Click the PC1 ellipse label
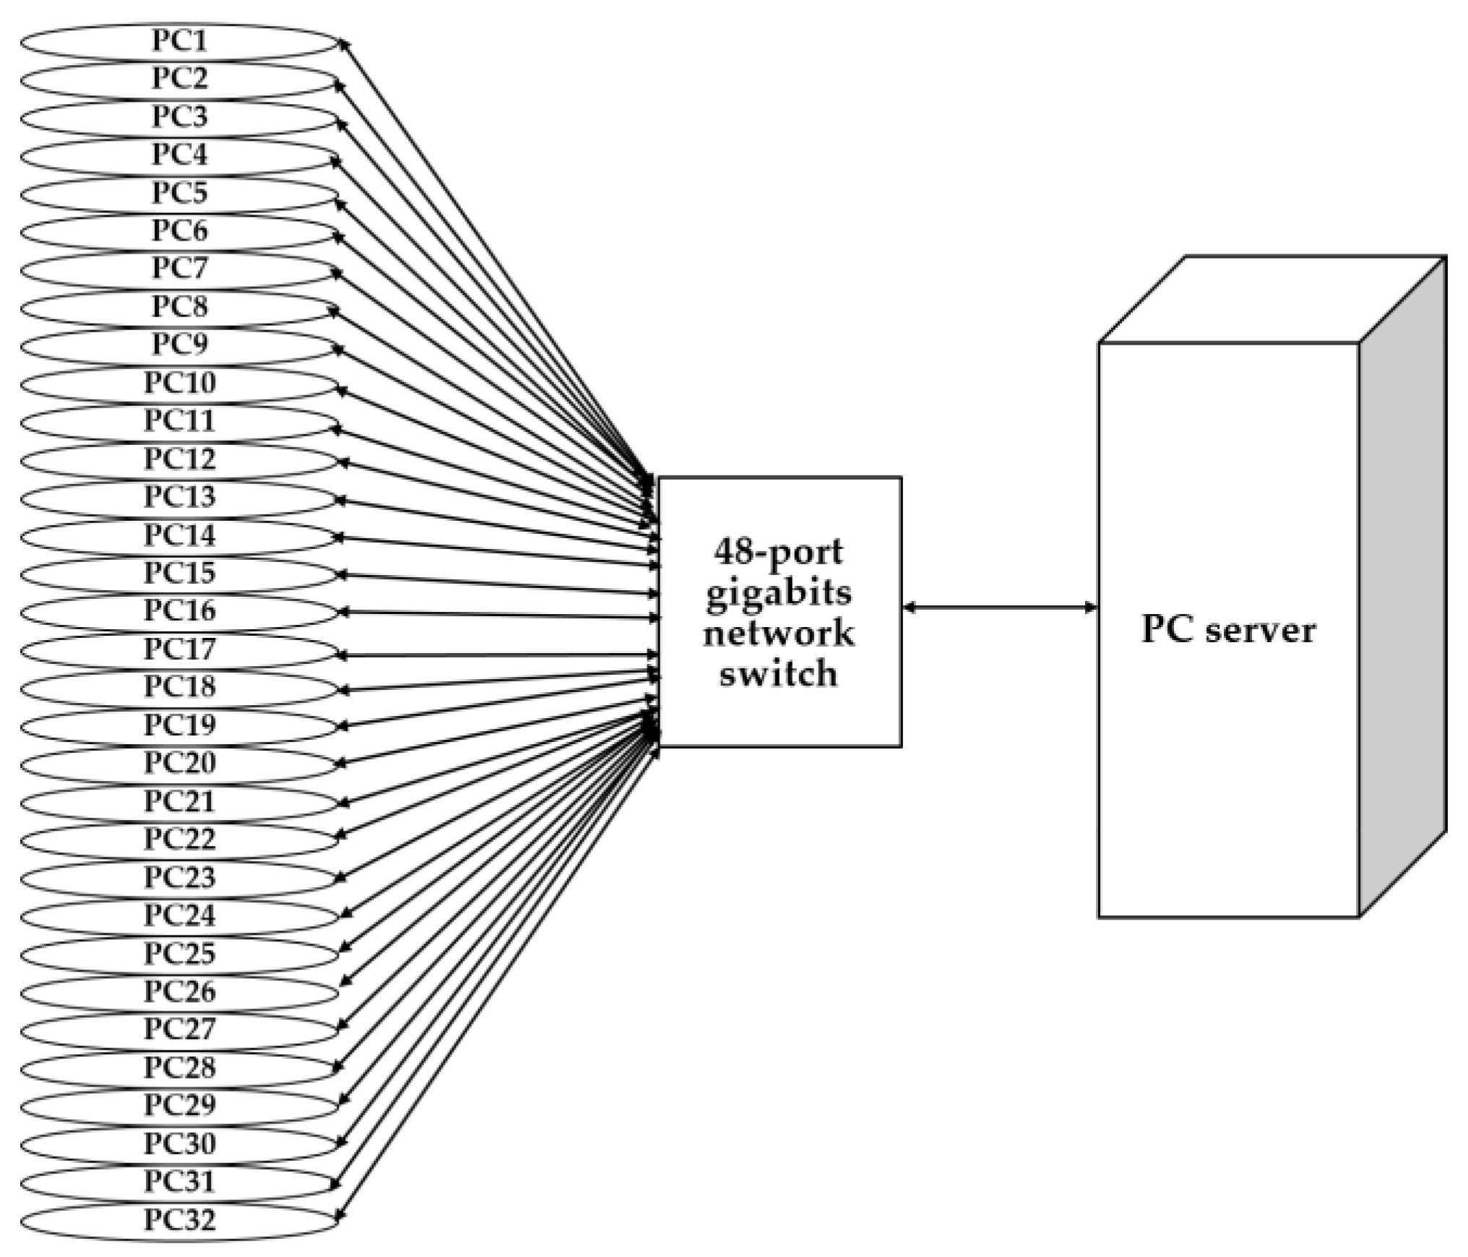pos(179,40)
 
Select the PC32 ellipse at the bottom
pos(179,1220)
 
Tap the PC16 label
pos(179,610)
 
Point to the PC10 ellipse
pos(179,382)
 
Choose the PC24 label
pos(179,915)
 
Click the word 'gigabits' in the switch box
pos(779,593)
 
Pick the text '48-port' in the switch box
pos(778,552)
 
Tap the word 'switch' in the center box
pos(778,674)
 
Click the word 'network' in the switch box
pos(778,634)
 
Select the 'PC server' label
pos(1228,630)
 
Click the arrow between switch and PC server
pos(1001,608)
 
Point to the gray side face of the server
pos(1402,585)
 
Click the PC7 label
pos(179,268)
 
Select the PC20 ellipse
pos(179,763)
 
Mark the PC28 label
pos(179,1068)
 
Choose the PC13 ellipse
pos(179,496)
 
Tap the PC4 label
pos(179,154)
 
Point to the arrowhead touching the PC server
pos(1092,608)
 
